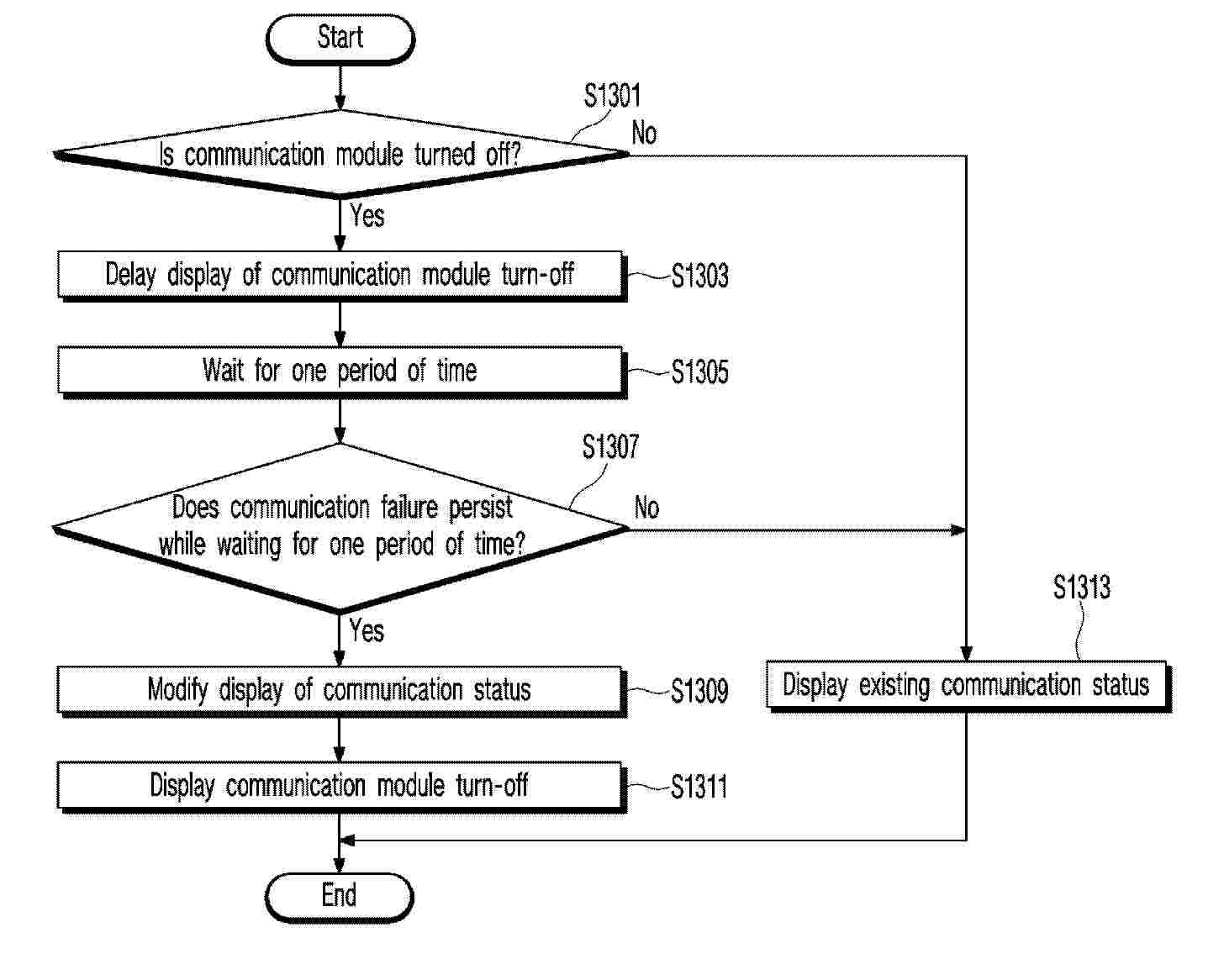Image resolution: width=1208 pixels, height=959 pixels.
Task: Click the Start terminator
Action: pos(340,39)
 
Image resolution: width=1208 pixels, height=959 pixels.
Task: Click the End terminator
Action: pos(340,896)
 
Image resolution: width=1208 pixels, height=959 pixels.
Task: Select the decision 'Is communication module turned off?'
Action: pos(340,155)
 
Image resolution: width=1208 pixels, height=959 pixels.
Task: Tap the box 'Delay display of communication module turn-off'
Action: pos(340,275)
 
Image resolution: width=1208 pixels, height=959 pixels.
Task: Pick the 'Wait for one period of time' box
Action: pos(340,371)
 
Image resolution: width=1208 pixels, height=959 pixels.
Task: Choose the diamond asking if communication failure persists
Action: pos(340,527)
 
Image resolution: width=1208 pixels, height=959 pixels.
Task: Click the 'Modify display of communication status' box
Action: pos(340,690)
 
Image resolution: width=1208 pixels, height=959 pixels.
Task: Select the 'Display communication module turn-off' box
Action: pos(340,786)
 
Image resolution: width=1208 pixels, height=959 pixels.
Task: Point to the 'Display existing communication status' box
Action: pos(967,685)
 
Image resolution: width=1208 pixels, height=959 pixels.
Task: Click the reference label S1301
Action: pos(613,96)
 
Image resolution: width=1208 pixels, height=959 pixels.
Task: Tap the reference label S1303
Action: pos(699,276)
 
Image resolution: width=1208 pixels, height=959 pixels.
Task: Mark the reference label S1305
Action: pos(699,371)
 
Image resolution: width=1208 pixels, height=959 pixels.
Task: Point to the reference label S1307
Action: pos(611,447)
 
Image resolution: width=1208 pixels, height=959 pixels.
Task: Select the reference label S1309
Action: pos(699,691)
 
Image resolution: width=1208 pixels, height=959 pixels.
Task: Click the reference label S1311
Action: pos(699,788)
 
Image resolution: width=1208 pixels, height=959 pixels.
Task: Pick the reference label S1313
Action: pos(1082,588)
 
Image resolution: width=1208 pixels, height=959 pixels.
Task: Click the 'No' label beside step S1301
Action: pos(644,133)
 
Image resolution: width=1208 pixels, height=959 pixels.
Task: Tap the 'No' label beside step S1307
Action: pos(646,508)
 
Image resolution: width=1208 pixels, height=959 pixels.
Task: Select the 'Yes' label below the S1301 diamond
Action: pos(367,216)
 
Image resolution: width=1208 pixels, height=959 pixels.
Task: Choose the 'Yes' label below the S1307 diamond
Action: pos(367,630)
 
